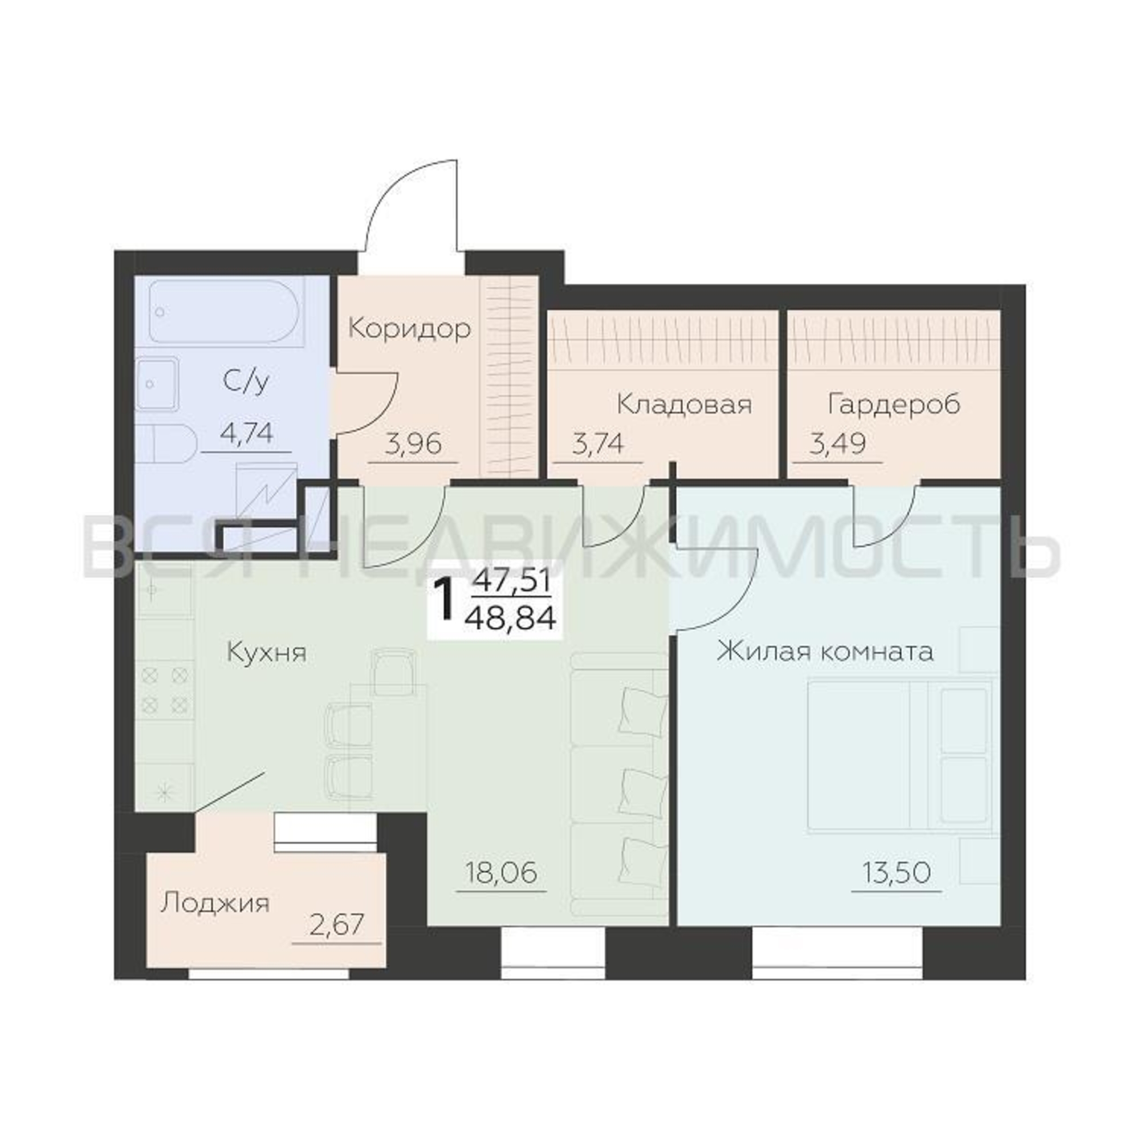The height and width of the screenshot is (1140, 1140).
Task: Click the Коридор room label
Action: tap(409, 329)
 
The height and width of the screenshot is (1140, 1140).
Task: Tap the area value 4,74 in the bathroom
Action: tap(246, 434)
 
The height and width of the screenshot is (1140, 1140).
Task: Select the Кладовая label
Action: tap(685, 405)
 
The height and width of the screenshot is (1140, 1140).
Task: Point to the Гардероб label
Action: tap(894, 405)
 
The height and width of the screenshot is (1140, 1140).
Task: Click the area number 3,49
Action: tap(837, 443)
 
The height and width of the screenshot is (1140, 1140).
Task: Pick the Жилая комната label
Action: tap(825, 653)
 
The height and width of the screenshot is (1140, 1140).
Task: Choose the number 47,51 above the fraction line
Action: tap(511, 582)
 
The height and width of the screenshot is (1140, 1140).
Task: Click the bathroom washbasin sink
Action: tap(156, 384)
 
